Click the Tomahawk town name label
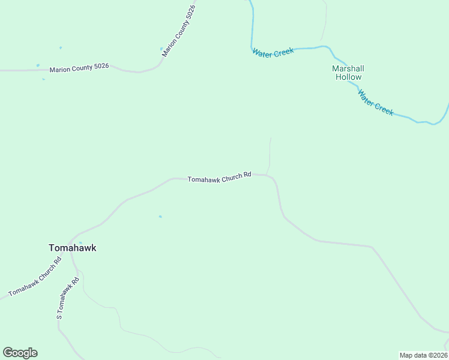72,248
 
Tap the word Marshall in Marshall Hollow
348,68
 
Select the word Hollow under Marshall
348,77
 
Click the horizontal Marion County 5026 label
79,68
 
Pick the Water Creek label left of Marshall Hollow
273,53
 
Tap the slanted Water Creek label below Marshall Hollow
375,103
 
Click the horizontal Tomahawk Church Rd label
219,178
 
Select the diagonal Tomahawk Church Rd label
35,277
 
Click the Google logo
20,353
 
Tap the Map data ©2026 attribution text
424,355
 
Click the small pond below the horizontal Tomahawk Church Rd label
160,217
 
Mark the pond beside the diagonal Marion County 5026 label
161,49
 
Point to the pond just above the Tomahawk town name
80,242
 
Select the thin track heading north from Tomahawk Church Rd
270,153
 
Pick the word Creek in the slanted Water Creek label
383,107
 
